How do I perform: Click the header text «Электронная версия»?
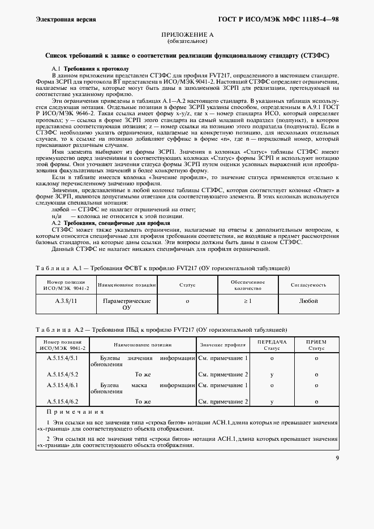(65, 19)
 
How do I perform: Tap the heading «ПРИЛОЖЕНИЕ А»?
(187, 35)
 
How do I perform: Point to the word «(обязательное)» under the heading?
(187, 42)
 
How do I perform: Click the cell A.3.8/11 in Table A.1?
(66, 301)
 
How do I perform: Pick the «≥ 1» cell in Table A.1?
(247, 301)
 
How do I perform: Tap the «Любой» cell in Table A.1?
(308, 301)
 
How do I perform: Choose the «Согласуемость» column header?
(308, 285)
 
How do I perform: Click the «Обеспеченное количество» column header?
(247, 285)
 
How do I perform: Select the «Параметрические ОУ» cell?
(127, 305)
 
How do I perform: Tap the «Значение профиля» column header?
(222, 344)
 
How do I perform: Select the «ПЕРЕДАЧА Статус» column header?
(272, 345)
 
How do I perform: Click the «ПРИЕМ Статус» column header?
(316, 345)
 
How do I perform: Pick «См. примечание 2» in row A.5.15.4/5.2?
(223, 374)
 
